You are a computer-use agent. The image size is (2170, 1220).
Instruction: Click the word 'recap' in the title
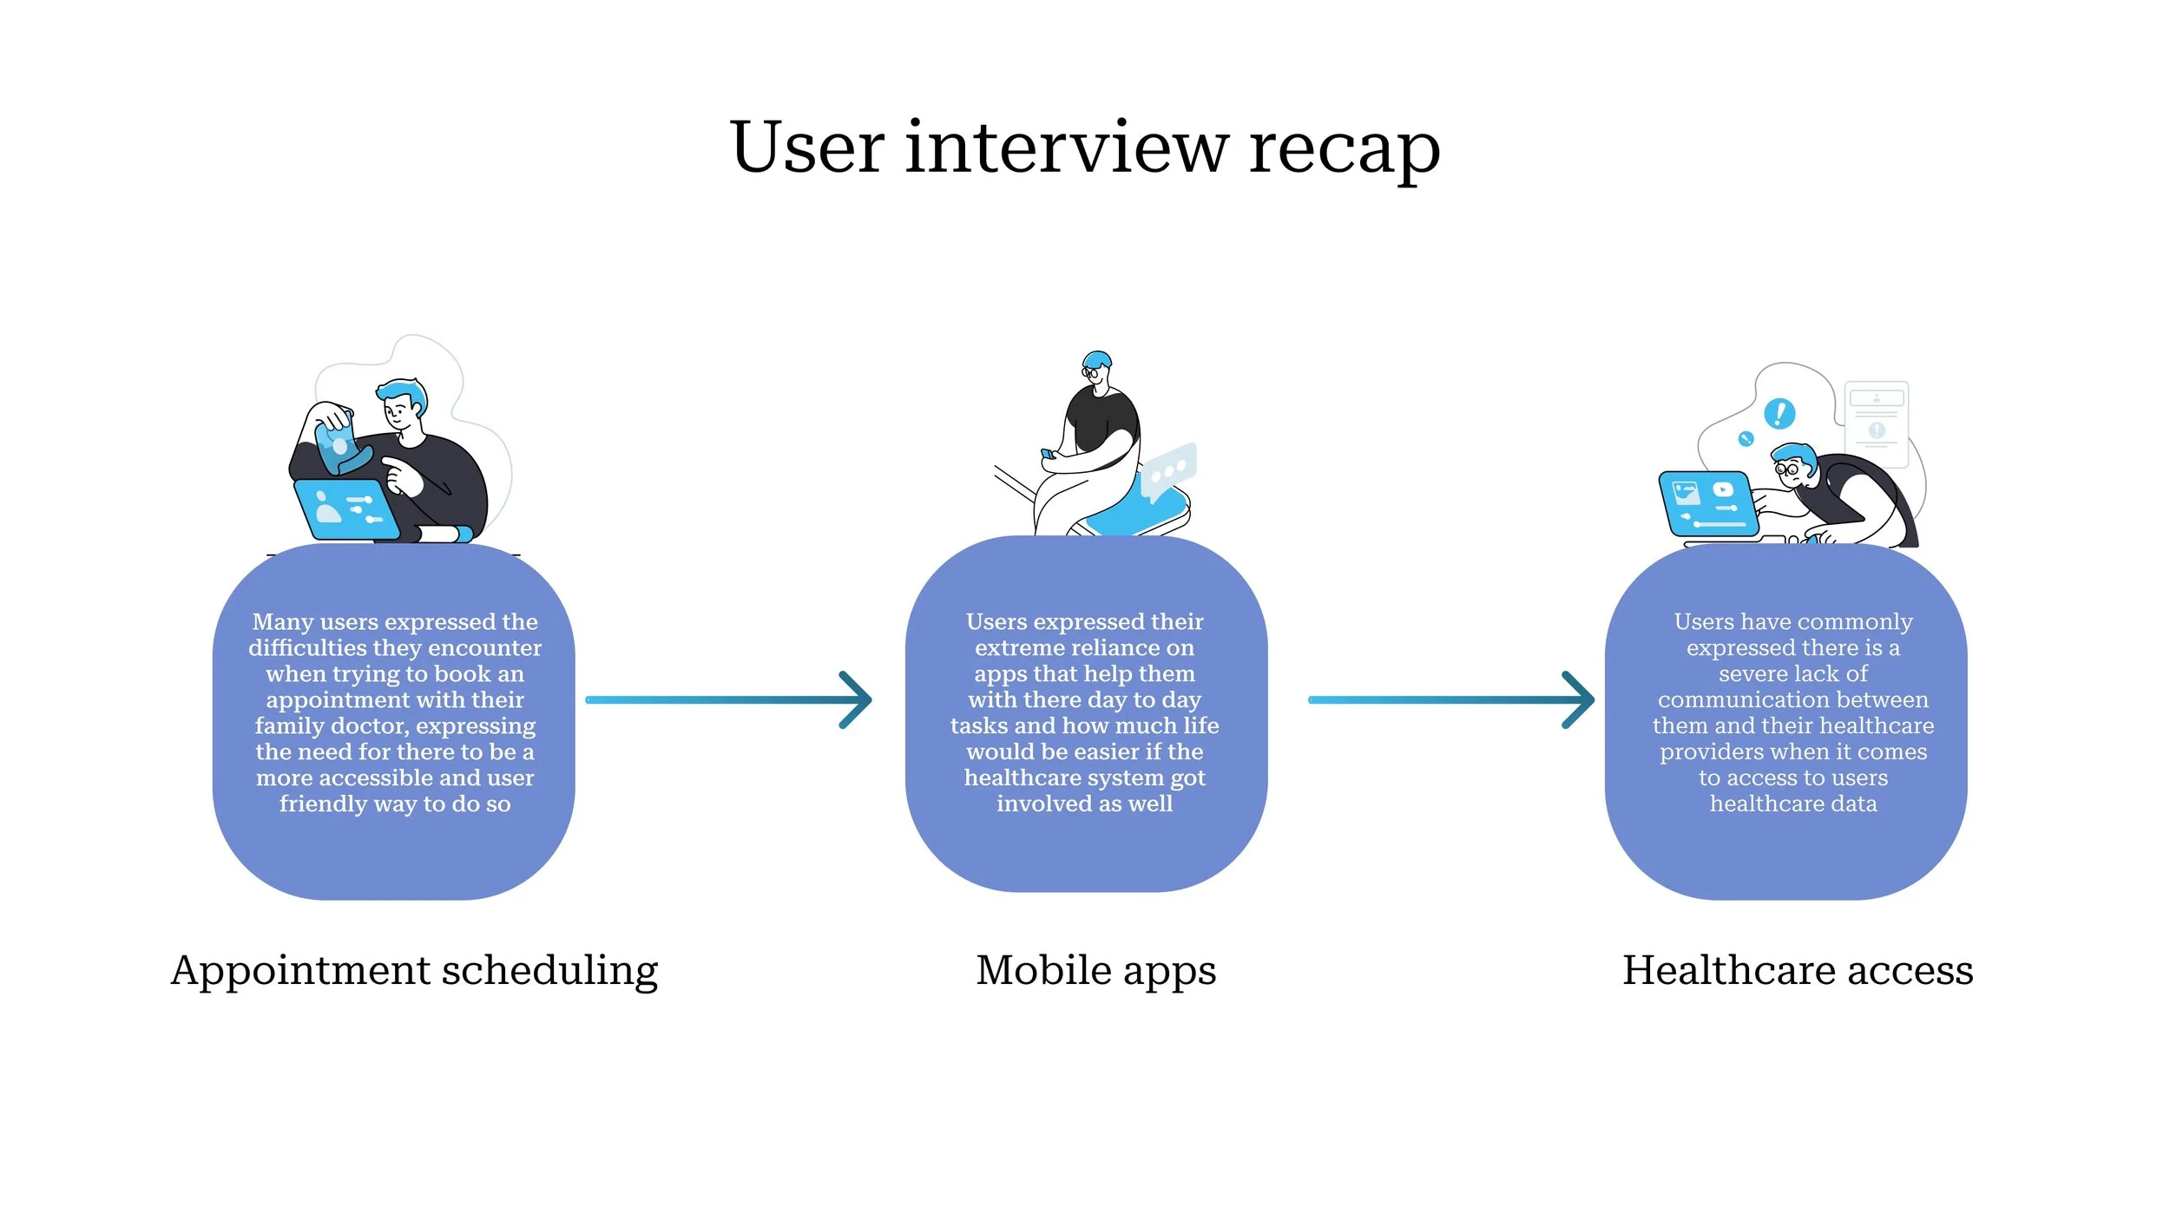tap(1345, 149)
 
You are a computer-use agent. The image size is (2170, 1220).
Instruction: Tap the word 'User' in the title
tap(807, 148)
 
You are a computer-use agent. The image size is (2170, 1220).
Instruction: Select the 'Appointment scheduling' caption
tap(414, 970)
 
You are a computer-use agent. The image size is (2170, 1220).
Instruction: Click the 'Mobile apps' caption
tap(1095, 970)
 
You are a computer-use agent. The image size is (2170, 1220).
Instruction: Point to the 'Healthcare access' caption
tap(1798, 970)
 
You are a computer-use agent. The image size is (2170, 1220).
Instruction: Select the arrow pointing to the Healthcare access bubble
tap(1450, 699)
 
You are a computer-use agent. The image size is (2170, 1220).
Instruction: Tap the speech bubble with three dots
tap(1168, 470)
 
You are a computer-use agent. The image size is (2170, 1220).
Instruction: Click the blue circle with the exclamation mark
tap(1779, 413)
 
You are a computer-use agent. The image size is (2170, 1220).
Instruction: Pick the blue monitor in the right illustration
tap(1707, 504)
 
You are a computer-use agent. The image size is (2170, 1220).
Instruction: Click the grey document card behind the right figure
tap(1877, 423)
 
